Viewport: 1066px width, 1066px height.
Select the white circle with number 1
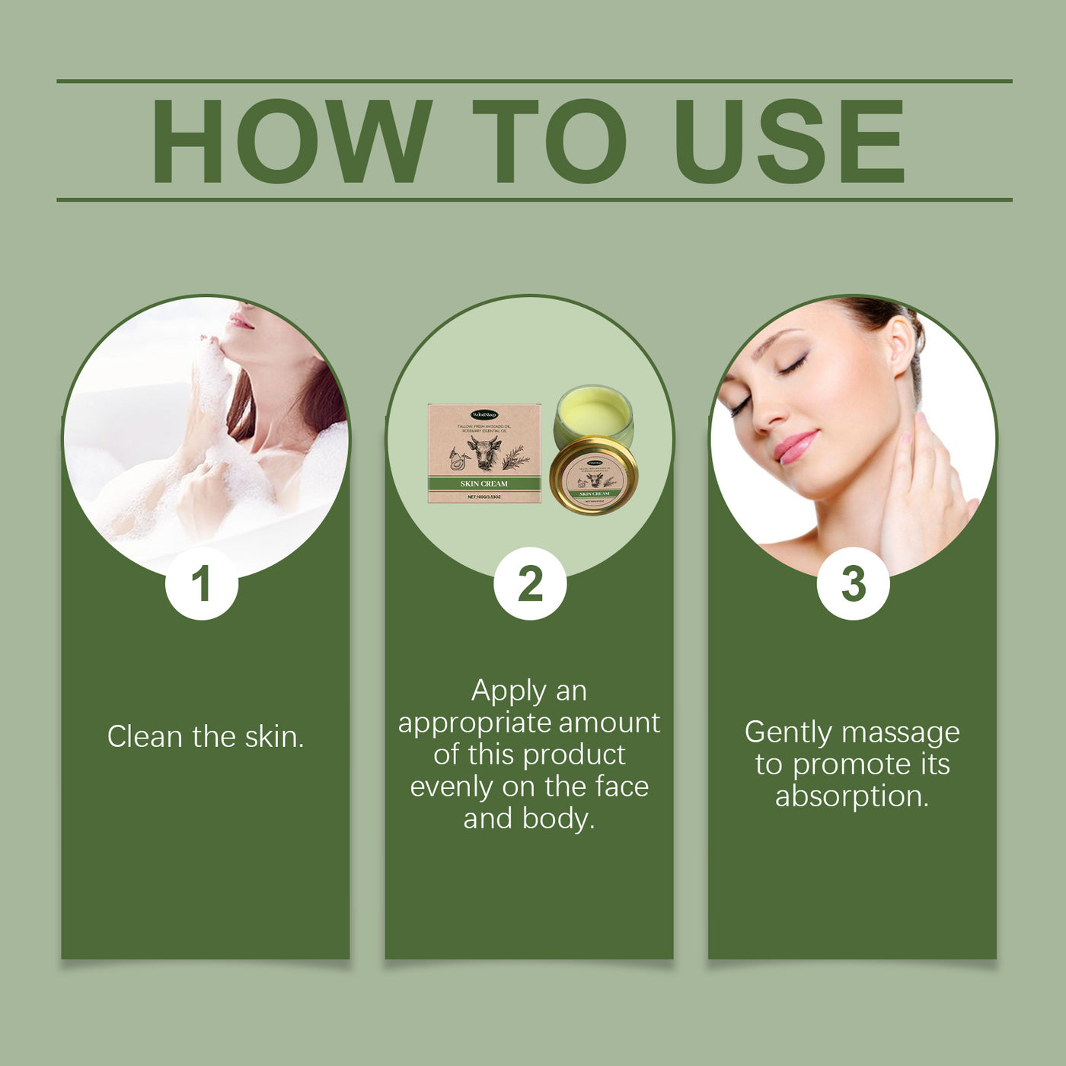[201, 584]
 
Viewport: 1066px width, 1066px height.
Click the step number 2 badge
[530, 584]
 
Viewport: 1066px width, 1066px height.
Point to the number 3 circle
[853, 584]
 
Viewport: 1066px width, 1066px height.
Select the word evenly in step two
[452, 787]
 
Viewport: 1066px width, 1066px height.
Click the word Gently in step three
[787, 732]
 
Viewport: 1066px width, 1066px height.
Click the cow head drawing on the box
[484, 452]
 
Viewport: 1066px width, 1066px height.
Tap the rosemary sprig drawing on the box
[515, 456]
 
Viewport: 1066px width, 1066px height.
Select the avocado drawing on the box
[457, 460]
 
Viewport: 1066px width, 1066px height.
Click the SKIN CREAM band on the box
[484, 484]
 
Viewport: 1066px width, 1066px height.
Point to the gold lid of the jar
[594, 476]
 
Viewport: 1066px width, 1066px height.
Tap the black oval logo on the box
[484, 415]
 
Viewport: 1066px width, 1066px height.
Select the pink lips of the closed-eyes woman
[796, 446]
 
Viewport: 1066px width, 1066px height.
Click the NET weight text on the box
[484, 497]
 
